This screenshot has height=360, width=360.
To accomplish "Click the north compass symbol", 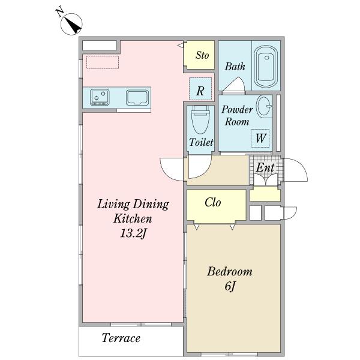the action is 71,24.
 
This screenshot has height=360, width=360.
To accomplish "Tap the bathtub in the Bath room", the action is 266,67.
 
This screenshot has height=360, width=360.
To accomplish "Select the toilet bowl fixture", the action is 200,120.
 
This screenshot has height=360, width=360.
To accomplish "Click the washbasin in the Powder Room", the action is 264,106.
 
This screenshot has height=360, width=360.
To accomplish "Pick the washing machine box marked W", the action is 260,138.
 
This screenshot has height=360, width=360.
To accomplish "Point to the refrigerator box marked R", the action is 200,89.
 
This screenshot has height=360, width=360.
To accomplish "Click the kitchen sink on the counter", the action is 137,97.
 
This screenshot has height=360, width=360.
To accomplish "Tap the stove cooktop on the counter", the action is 100,97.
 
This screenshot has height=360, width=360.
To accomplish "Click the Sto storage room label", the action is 202,55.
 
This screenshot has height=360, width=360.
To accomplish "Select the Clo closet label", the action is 213,203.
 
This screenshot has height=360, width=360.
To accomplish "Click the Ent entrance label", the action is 265,167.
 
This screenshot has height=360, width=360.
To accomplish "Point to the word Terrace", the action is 121,338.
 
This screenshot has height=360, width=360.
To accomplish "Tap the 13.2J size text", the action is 133,234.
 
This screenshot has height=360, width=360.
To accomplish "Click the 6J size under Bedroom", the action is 230,286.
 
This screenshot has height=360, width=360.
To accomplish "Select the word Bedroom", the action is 230,271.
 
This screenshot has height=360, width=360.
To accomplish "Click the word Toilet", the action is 201,142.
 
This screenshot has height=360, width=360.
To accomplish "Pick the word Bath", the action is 235,67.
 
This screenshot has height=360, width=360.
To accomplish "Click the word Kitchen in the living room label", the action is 133,218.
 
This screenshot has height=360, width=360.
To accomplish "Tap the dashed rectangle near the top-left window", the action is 103,62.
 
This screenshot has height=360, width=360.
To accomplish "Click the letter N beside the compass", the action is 60,12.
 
